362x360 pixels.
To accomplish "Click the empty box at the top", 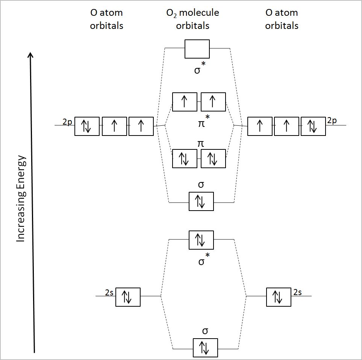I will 197,49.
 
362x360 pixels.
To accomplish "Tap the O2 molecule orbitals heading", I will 192,19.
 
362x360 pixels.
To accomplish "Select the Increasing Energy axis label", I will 21,199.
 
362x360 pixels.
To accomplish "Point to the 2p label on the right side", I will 332,121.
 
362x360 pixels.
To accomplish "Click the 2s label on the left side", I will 109,292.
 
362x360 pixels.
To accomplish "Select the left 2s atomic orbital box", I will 128,297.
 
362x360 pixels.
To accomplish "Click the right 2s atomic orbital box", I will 278,297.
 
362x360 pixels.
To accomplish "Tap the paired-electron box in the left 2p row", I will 87,126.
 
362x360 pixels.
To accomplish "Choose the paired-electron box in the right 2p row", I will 313,126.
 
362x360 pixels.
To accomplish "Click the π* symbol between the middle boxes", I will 202,122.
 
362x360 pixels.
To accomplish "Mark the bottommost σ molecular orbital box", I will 205,348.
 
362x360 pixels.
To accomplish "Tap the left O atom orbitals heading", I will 106,19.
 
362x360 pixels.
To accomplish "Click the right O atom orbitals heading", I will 282,19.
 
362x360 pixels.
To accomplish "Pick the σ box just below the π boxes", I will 201,202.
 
